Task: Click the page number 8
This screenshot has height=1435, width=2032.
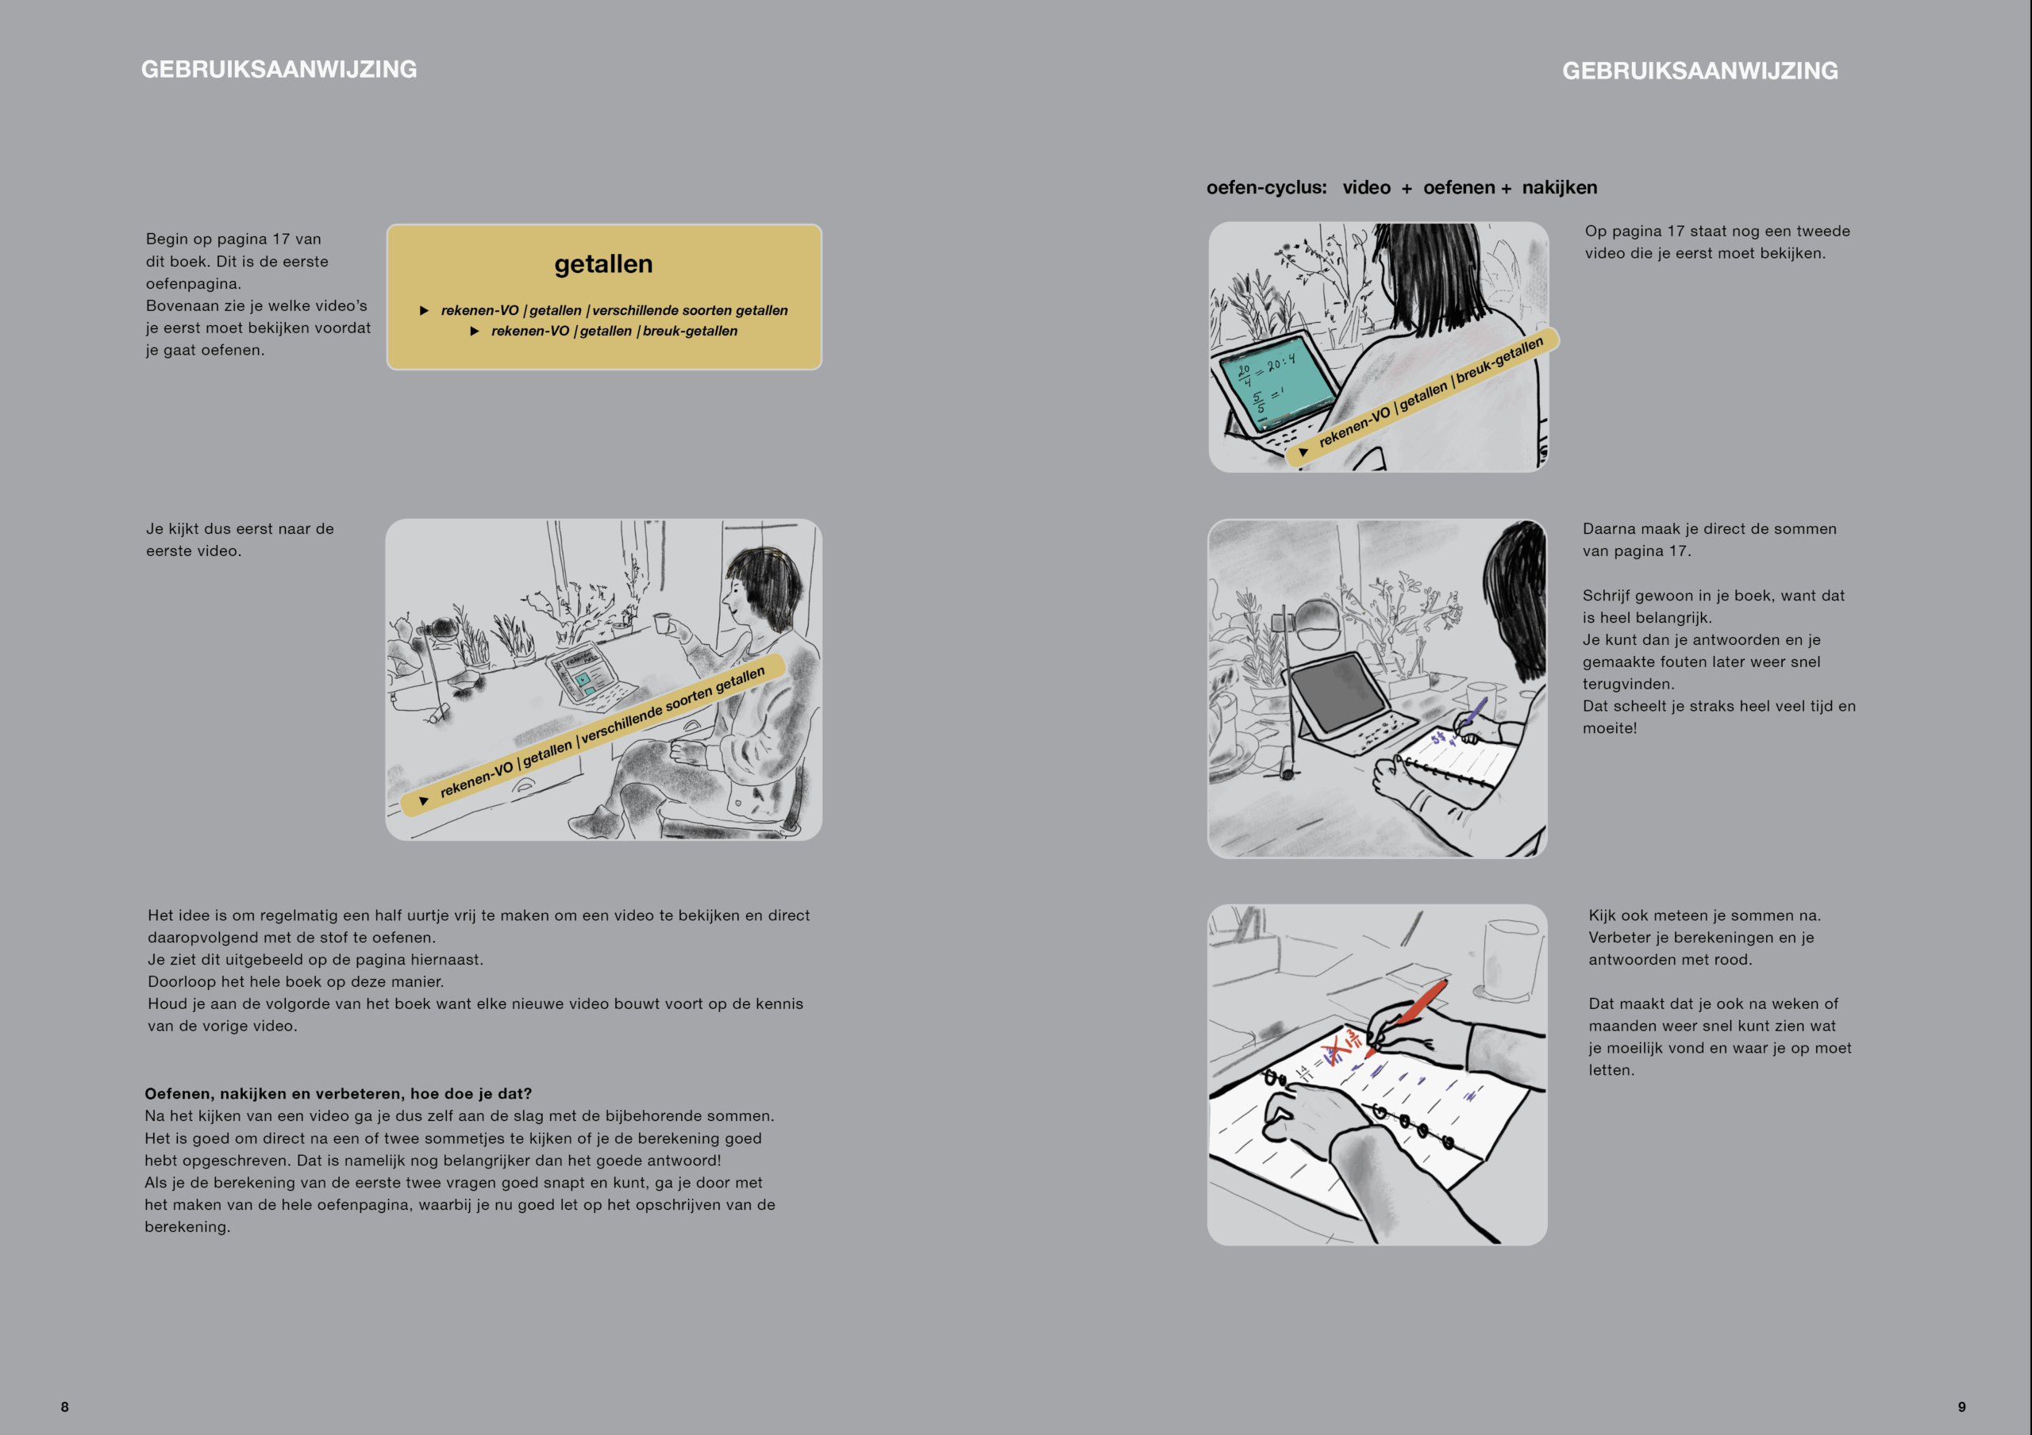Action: [64, 1406]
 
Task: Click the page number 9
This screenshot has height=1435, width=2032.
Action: [1961, 1406]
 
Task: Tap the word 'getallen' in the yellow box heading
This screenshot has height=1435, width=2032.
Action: [603, 263]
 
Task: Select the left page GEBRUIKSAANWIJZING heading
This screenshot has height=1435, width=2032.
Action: [279, 69]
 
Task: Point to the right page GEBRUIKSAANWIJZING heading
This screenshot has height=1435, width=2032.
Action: [1699, 71]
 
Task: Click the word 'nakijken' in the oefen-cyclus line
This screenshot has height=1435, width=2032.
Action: [1560, 187]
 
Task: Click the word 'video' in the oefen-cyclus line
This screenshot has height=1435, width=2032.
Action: [1367, 187]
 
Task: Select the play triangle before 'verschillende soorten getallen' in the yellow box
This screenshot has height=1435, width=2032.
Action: [425, 310]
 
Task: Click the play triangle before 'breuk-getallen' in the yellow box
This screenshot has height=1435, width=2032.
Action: [475, 331]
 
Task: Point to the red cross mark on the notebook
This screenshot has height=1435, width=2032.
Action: [1330, 1050]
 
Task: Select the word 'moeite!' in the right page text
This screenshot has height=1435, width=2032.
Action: [1610, 728]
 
